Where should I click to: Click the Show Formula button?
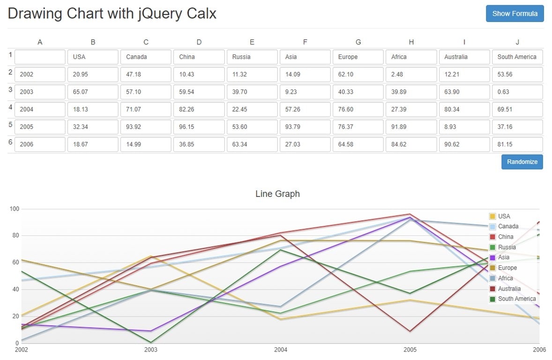coord(515,14)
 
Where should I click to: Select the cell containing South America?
coord(517,57)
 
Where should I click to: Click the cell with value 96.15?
coord(199,127)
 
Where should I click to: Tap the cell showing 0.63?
coord(517,92)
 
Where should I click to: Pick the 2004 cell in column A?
coord(40,109)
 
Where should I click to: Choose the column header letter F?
coord(305,42)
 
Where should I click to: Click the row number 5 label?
coord(10,125)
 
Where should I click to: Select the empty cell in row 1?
coord(40,57)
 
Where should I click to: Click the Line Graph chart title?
coord(277,194)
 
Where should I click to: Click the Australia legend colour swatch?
coord(492,289)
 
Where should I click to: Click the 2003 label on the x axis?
coord(151,350)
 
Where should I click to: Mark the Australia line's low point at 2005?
coord(410,331)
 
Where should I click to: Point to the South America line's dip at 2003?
coord(151,342)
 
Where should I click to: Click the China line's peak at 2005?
coord(410,214)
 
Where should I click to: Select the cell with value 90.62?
coord(464,144)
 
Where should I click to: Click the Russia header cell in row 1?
coord(252,57)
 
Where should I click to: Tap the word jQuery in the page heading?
coord(159,14)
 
